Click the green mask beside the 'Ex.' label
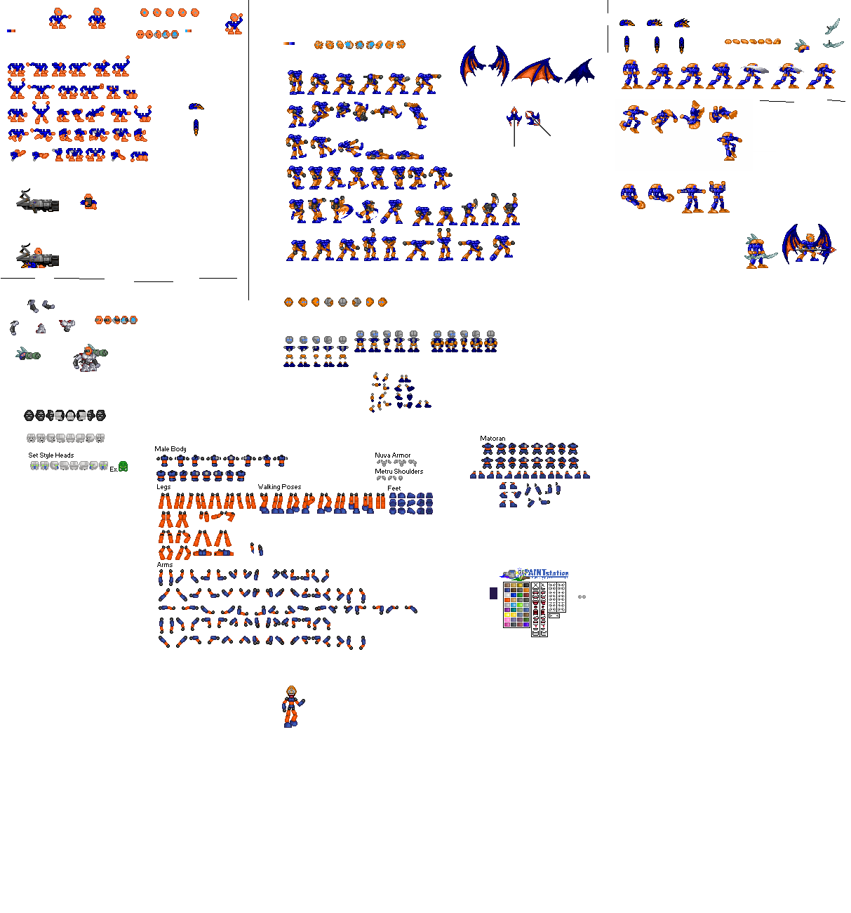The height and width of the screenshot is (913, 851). coord(123,467)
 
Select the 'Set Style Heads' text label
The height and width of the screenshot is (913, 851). coord(51,455)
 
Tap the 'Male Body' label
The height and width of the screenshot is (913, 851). coord(170,449)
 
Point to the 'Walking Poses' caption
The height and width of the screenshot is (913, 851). coord(279,487)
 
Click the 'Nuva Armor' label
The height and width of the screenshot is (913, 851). coord(392,455)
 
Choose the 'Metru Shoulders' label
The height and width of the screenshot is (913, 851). coord(398,472)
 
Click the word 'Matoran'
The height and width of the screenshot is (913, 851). coord(492,439)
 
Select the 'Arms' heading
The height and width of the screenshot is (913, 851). coord(165,565)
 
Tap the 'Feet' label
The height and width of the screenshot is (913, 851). coord(394,488)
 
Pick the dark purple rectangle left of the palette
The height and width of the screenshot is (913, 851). coord(493,594)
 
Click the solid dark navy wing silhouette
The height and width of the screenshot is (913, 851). coord(580,72)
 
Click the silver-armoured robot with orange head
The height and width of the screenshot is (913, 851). coord(88,359)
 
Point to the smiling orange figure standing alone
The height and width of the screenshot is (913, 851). coord(292,706)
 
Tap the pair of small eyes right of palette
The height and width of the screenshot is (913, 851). coord(582,597)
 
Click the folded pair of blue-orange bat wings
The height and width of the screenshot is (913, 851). coord(484,65)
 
